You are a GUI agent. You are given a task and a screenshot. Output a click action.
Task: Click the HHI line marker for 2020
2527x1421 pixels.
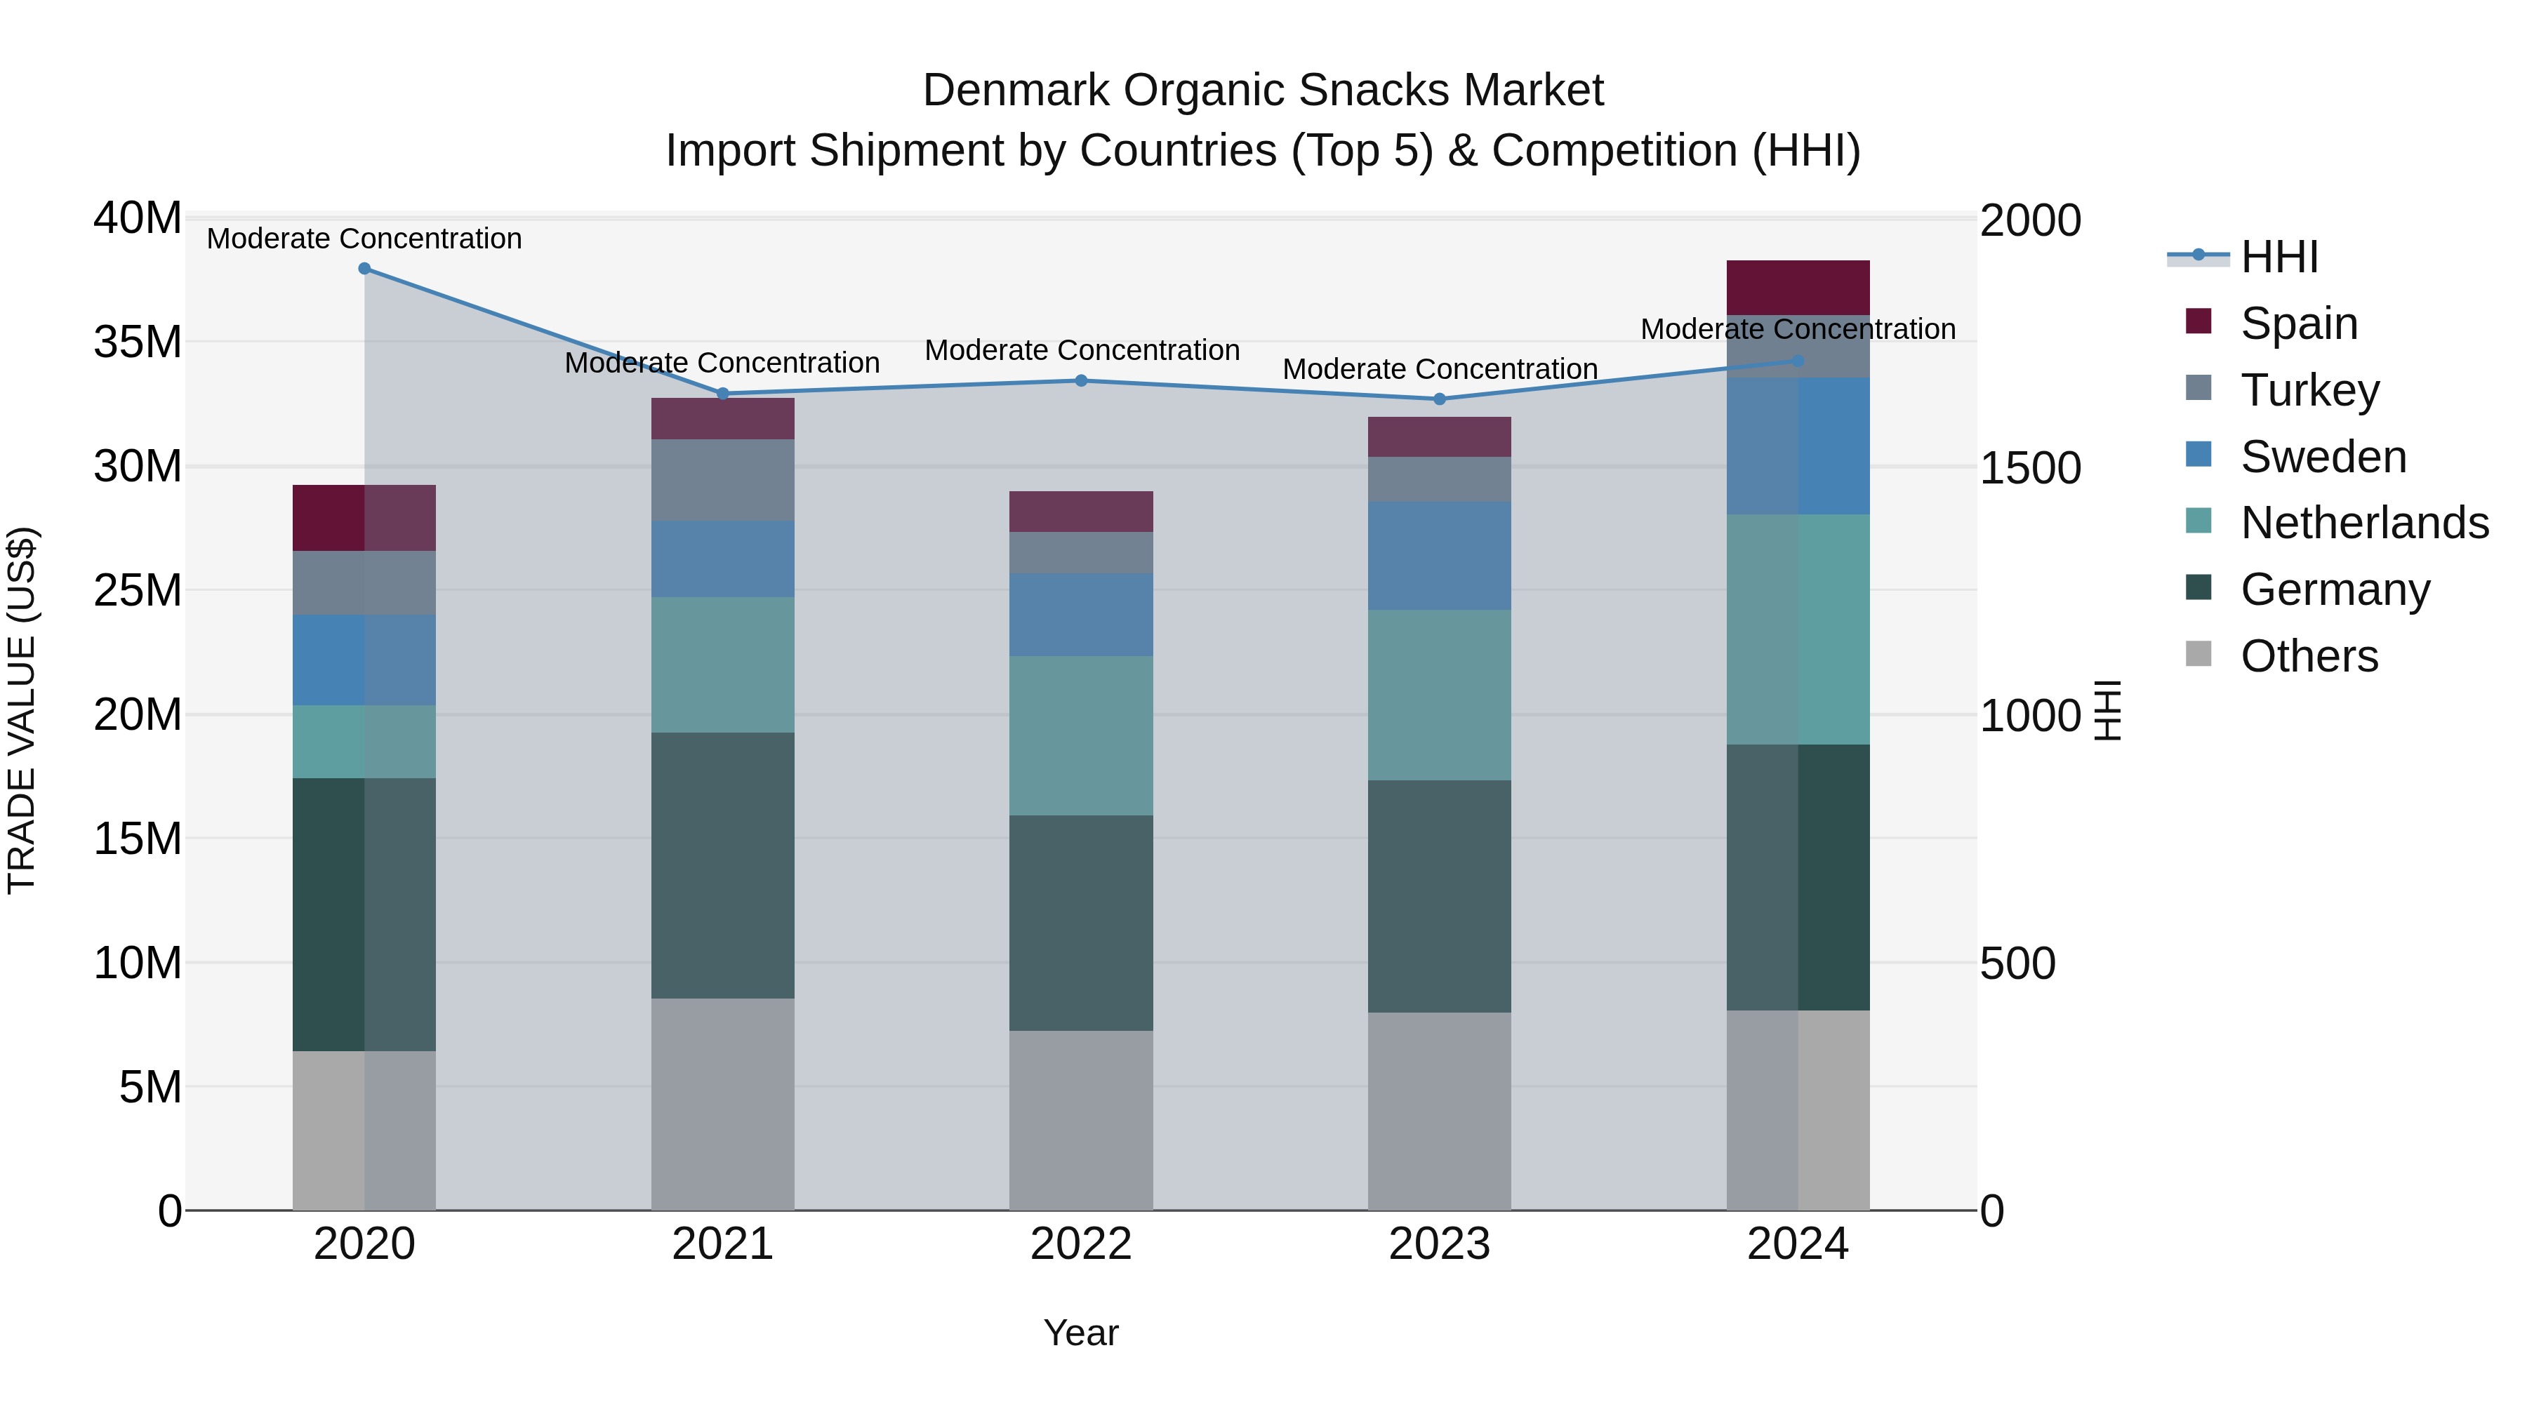click(364, 269)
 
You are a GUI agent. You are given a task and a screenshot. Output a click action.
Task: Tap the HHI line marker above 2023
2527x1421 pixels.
click(1439, 399)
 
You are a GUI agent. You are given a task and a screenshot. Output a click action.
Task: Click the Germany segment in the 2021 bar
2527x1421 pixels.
click(722, 865)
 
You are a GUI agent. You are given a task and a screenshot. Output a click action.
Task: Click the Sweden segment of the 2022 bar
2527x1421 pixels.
click(1081, 614)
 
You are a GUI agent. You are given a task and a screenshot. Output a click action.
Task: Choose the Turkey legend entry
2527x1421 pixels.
click(2309, 390)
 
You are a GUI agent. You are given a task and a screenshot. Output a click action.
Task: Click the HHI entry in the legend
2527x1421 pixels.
click(2279, 257)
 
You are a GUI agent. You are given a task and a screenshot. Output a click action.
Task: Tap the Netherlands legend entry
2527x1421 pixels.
click(2363, 523)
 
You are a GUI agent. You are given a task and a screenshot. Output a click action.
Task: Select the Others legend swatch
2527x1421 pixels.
click(2198, 654)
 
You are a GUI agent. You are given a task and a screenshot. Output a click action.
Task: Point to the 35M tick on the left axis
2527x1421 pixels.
click(138, 342)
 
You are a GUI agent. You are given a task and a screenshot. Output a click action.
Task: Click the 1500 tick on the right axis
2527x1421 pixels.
click(2029, 468)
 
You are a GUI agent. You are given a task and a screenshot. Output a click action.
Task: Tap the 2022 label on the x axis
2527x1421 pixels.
click(1081, 1244)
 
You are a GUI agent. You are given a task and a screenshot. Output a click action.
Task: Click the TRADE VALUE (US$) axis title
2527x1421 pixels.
click(22, 710)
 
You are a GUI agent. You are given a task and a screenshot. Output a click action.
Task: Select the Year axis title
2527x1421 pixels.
click(1081, 1333)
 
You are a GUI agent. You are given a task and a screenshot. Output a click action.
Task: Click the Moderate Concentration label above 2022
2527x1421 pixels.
click(1081, 350)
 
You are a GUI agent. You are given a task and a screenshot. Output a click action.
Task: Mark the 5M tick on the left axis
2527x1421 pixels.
click(149, 1086)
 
